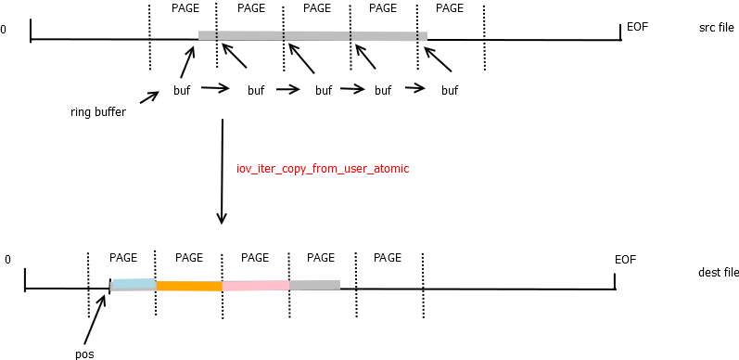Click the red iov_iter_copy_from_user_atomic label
tap(323, 169)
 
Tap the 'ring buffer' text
tap(97, 112)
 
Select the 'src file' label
tap(718, 28)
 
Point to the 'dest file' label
tap(718, 273)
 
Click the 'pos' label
tap(83, 354)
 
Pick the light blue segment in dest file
tap(134, 284)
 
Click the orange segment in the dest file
tap(189, 286)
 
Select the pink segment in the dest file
tap(255, 286)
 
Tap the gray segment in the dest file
tap(314, 285)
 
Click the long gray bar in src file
tap(312, 35)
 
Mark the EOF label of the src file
tap(637, 26)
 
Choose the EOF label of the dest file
tap(625, 259)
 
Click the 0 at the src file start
tap(4, 30)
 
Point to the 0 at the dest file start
tap(7, 260)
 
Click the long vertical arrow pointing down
tap(223, 171)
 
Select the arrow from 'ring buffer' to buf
tap(150, 96)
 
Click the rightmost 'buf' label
tap(449, 90)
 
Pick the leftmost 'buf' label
tap(182, 90)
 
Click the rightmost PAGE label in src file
tap(450, 8)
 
